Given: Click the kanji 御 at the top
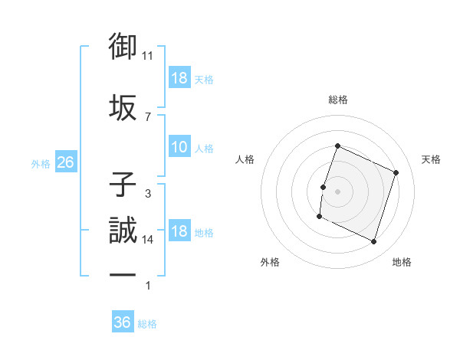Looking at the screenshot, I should (x=123, y=47).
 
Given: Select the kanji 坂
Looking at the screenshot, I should (x=123, y=106).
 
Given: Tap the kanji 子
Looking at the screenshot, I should (x=123, y=185).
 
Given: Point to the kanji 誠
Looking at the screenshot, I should (x=123, y=231).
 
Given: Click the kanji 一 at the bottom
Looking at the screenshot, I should (x=123, y=275).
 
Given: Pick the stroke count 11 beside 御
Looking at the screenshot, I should (x=148, y=56).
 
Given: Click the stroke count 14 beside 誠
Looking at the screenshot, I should (x=148, y=240).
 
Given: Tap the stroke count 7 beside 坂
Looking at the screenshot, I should (x=147, y=116).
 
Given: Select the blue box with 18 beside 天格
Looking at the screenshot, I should (x=179, y=78).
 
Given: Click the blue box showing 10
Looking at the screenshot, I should (x=179, y=147).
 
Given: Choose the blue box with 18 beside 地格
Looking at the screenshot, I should (x=179, y=231).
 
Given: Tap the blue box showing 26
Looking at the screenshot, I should (x=65, y=162).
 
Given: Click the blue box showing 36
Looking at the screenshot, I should (x=123, y=322).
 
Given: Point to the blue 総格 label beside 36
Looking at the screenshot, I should (x=148, y=324).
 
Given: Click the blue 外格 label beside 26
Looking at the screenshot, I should (x=40, y=163).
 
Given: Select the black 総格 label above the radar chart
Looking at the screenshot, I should (x=337, y=100).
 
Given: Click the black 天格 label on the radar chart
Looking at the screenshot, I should (x=432, y=159).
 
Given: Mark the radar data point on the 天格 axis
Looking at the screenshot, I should (x=396, y=173).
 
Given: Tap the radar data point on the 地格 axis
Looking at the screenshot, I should (x=374, y=242).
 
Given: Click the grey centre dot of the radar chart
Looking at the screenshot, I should (x=337, y=191).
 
